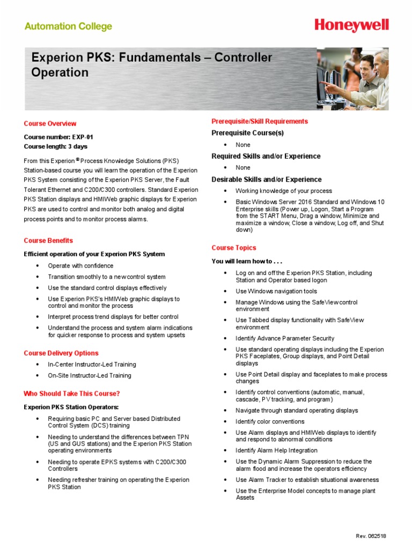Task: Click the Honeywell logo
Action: (352, 25)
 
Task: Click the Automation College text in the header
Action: (69, 26)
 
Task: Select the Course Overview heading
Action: (50, 123)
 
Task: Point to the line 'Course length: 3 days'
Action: (55, 146)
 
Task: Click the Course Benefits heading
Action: (48, 241)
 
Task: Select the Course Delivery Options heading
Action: (61, 353)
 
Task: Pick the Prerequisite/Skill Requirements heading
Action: (260, 121)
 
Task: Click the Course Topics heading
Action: (234, 248)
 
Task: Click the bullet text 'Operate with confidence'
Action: (80, 266)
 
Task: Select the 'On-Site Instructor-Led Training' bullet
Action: (90, 376)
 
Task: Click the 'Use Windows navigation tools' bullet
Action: (276, 291)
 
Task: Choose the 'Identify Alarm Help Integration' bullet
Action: (276, 450)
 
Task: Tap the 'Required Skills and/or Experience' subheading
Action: (266, 156)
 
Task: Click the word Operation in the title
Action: (60, 72)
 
